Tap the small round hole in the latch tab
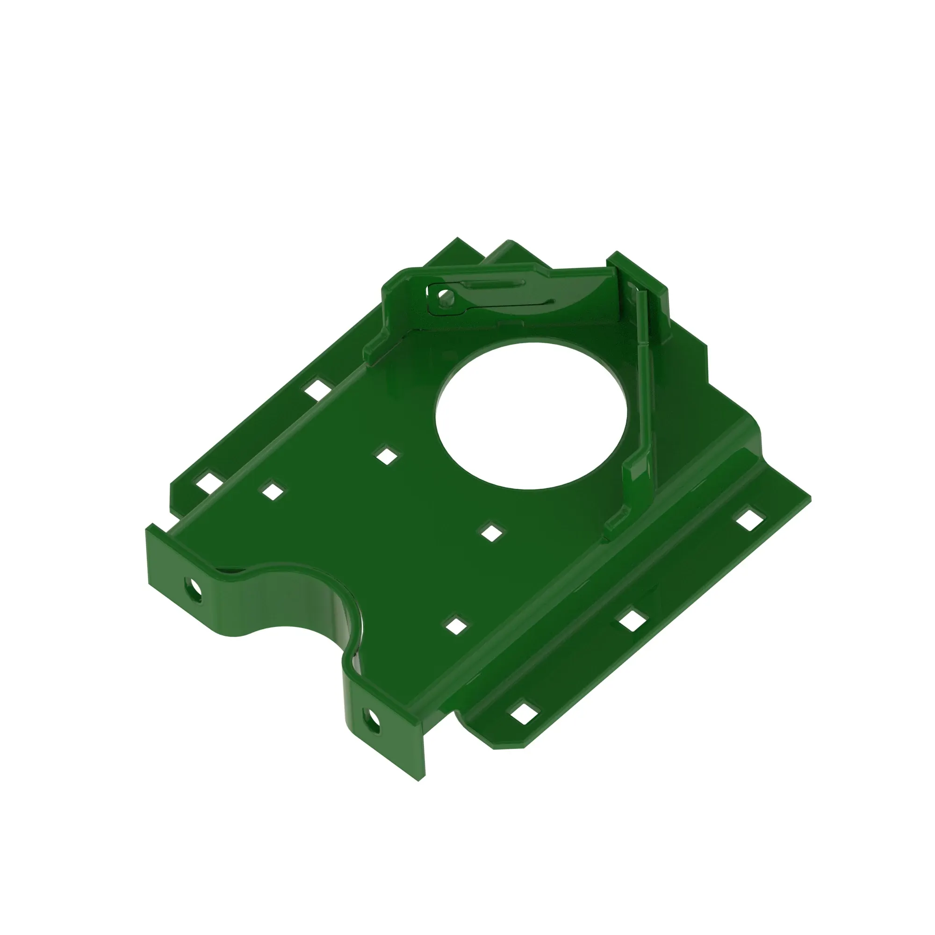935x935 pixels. [442, 294]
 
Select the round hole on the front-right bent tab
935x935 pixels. [373, 721]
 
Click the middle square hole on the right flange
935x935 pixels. [633, 621]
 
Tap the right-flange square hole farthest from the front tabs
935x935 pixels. [748, 519]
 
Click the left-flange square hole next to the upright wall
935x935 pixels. [317, 389]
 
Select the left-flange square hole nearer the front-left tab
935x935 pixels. [208, 483]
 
